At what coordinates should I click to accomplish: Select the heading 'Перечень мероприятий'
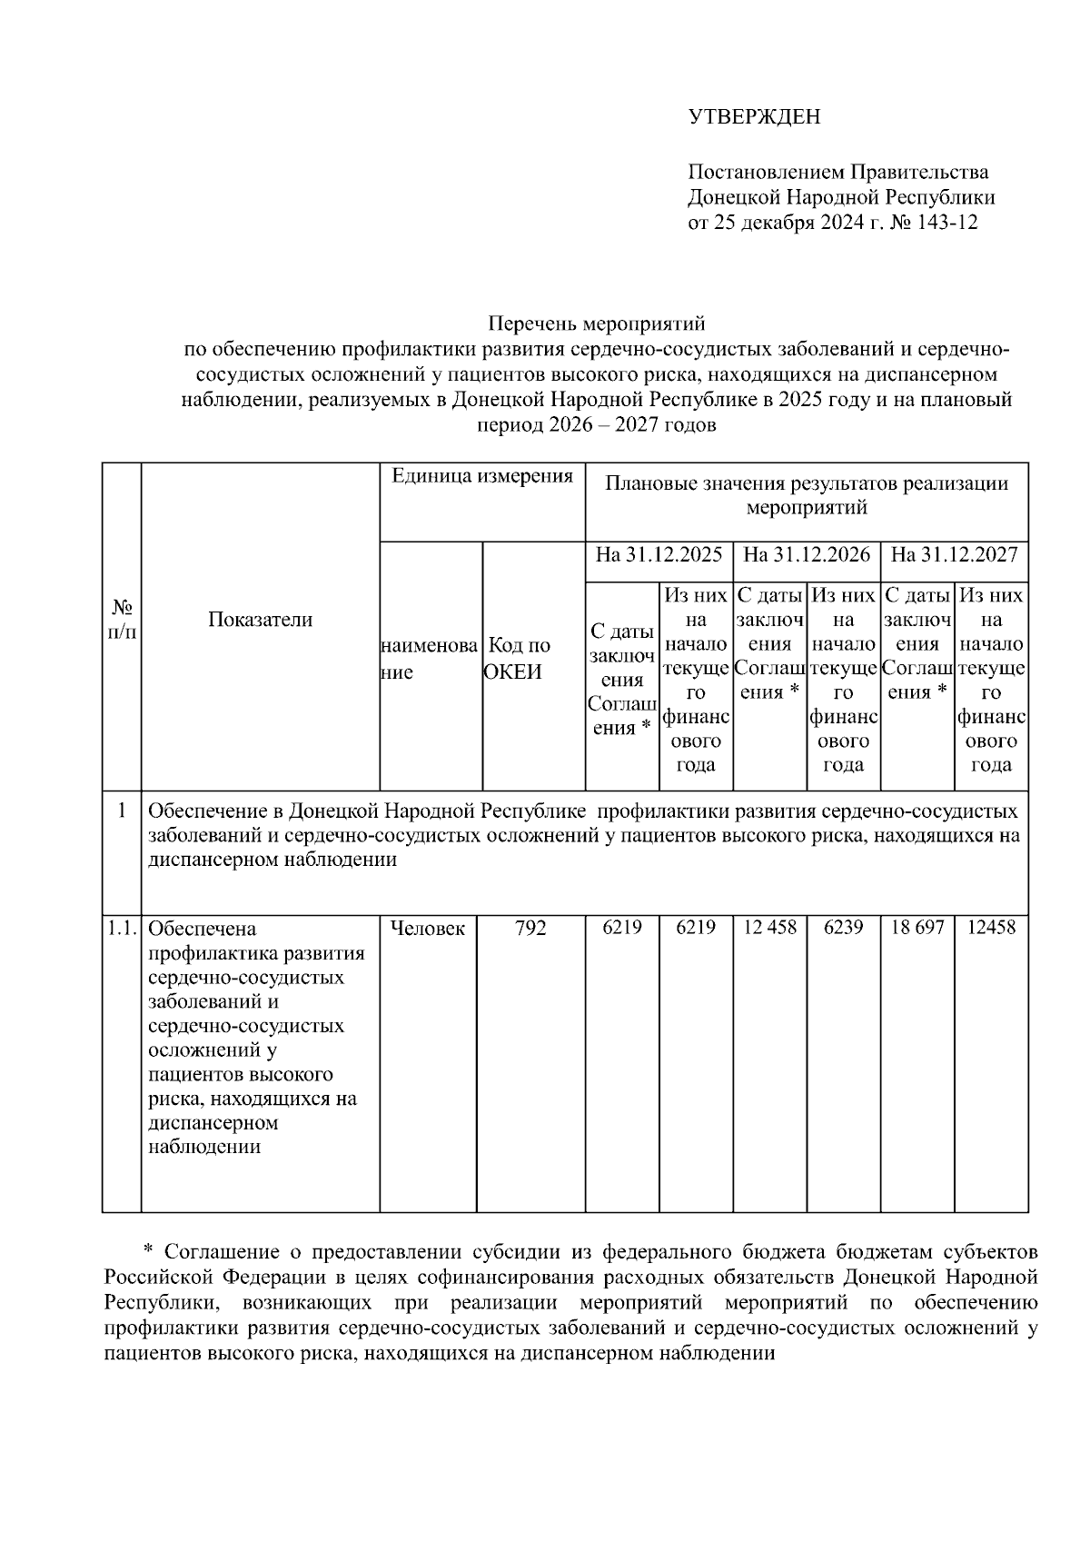pos(596,323)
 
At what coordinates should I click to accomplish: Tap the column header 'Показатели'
pos(260,620)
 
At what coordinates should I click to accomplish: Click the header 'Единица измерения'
pos(481,476)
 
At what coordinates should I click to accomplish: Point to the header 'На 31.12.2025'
pos(659,554)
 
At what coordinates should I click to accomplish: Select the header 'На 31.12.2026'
pos(807,554)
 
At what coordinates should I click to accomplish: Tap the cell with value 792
pos(530,928)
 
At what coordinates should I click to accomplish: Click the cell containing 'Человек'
pos(427,928)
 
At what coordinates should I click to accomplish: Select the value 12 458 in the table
pos(769,928)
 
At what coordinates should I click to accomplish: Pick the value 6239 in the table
pos(843,928)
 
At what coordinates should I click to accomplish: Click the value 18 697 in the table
pos(917,928)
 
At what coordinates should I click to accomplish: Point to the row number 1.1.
pos(121,928)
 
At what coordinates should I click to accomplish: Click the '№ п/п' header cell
pos(122,619)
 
